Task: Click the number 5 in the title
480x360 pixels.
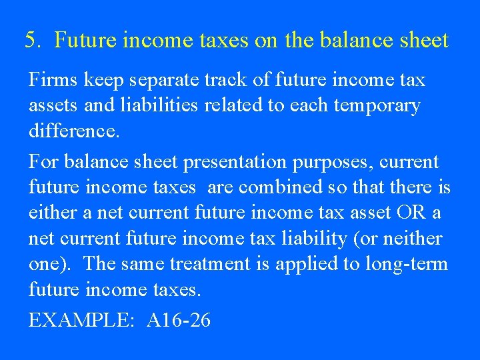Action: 31,41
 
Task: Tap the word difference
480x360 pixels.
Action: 74,131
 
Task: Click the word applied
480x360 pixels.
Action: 309,263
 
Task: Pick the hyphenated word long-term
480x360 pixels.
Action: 407,263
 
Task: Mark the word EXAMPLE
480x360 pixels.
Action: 80,321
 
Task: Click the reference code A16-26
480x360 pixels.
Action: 178,321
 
